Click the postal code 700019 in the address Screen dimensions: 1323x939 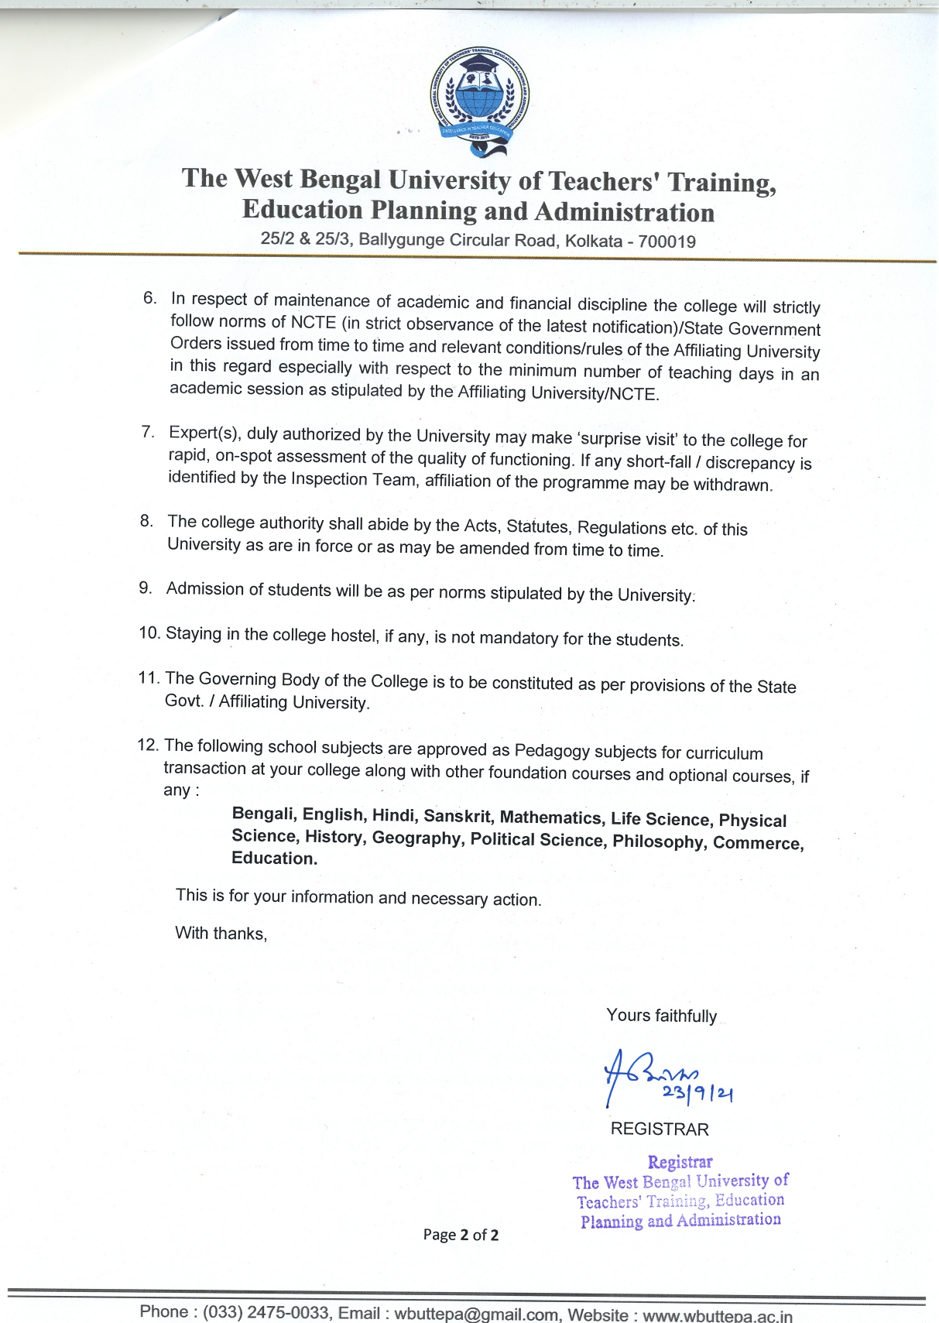click(667, 242)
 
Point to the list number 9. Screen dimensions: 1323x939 click(146, 588)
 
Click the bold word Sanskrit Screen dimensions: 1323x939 click(457, 816)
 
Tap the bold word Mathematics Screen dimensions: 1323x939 click(551, 817)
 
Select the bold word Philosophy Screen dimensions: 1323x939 click(660, 841)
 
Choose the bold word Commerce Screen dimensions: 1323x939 click(758, 843)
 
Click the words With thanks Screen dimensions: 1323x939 click(221, 933)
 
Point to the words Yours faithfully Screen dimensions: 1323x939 click(661, 1016)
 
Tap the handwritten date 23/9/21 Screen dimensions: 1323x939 click(697, 1093)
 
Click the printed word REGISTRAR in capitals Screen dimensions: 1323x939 click(660, 1129)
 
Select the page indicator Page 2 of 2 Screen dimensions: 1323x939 click(461, 1235)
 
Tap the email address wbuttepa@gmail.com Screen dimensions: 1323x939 click(476, 1314)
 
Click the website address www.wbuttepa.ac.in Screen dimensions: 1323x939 click(718, 1315)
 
